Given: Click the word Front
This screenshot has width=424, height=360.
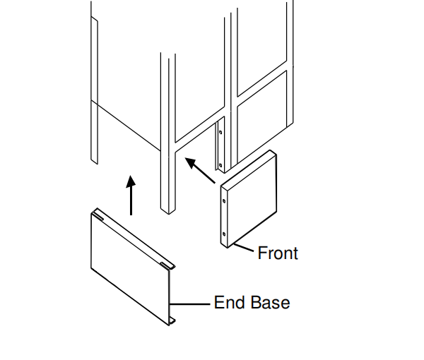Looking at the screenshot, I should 278,253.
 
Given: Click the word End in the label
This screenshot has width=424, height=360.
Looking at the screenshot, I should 230,303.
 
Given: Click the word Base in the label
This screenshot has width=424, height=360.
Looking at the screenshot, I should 269,303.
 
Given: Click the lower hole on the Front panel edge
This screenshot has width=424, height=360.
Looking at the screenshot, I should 225,234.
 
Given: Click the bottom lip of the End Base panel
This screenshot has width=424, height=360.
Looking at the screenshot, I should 172,322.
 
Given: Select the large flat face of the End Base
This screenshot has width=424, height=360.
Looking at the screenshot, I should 131,268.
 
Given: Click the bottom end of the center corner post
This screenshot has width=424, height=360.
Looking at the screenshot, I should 167,210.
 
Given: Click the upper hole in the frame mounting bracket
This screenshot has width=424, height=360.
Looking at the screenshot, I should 220,132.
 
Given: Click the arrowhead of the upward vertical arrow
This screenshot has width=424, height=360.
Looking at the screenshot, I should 131,181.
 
